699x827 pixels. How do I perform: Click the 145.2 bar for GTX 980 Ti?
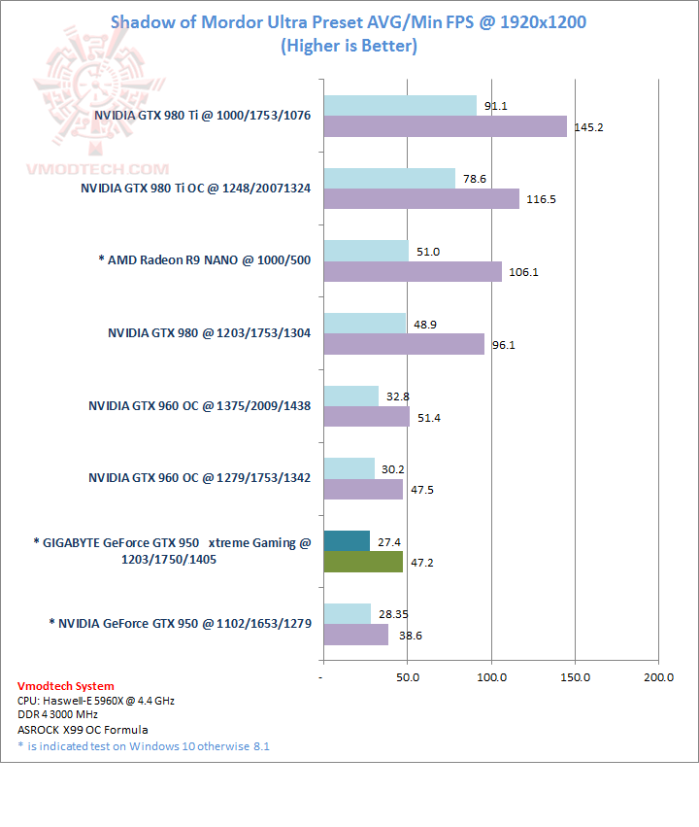(445, 126)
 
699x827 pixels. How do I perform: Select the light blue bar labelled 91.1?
(399, 105)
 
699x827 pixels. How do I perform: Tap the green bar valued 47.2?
(362, 562)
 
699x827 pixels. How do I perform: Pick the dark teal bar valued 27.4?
(346, 540)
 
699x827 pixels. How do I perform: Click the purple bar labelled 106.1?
(412, 271)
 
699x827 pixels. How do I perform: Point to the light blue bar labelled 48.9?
(364, 323)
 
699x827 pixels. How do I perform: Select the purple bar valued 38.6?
(355, 635)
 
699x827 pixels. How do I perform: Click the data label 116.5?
(543, 199)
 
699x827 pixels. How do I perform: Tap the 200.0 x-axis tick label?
(658, 676)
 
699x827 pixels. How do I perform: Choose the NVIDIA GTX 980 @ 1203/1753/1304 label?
(209, 333)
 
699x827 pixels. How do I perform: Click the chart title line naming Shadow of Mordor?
(349, 21)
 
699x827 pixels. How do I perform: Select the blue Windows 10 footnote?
(143, 745)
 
